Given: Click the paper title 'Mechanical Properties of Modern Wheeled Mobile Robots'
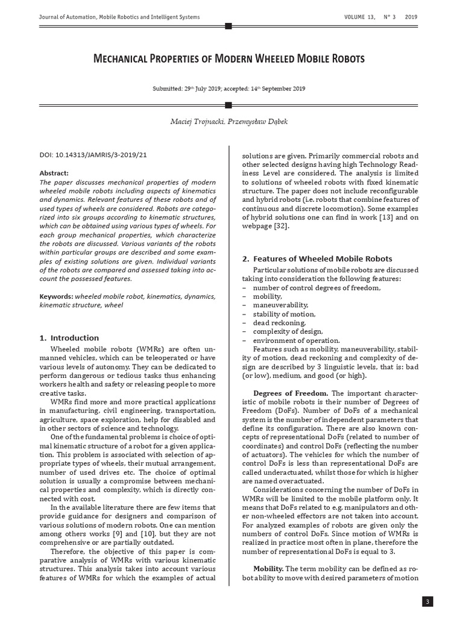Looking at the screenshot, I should click(228, 59).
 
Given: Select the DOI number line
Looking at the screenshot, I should click(93, 155).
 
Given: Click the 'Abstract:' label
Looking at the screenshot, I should click(54, 172).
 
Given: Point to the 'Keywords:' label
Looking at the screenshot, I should click(56, 296).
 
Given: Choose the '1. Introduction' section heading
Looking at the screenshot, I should click(69, 337).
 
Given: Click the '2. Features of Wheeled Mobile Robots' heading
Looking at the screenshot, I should click(317, 258).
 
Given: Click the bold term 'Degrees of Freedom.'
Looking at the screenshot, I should click(291, 393).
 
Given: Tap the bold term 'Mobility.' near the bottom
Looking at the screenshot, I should click(268, 568).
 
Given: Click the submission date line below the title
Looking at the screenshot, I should click(228, 89).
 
